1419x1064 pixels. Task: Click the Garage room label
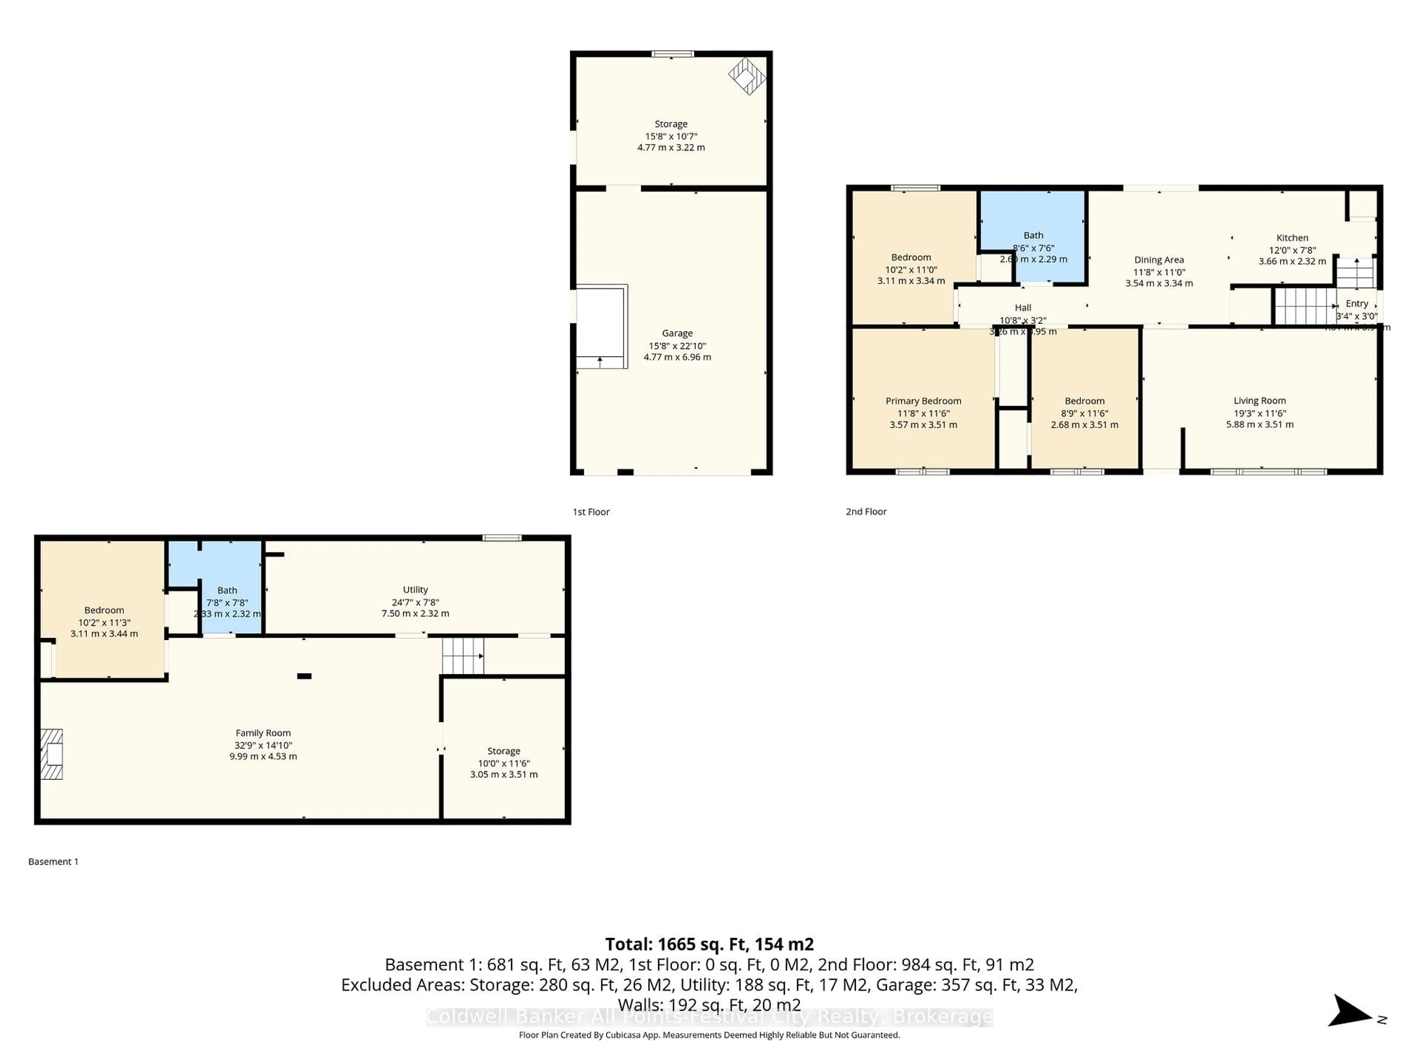[x=677, y=333]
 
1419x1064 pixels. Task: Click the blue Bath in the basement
[x=228, y=590]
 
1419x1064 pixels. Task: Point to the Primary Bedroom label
[x=923, y=401]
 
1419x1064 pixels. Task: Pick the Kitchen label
[x=1292, y=237]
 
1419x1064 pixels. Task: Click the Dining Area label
[x=1158, y=260]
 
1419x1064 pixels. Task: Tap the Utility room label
[x=415, y=589]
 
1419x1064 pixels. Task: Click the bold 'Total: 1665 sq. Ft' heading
[x=709, y=944]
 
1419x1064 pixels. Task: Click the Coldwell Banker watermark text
[x=709, y=1017]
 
